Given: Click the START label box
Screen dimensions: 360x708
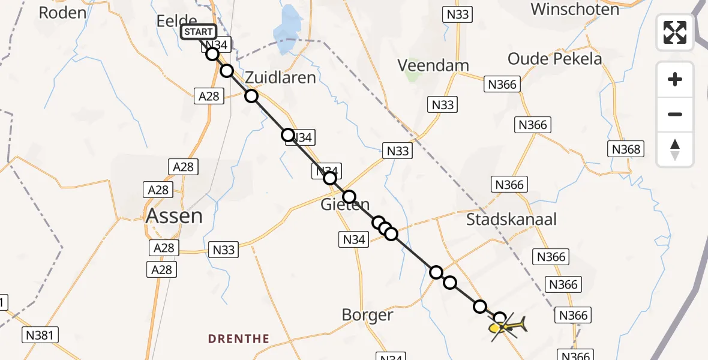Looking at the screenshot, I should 198,32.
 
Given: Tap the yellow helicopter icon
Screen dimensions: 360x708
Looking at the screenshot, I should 508,327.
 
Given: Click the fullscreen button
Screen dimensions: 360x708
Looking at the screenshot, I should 675,32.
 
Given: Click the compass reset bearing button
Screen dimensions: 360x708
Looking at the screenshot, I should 675,149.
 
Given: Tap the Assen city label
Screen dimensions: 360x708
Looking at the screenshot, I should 174,215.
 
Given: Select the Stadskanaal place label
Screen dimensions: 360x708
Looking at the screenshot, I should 511,219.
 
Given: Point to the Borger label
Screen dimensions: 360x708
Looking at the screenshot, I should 367,314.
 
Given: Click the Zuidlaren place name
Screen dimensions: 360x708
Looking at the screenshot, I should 280,77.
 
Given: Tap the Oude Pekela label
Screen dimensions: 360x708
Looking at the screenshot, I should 555,59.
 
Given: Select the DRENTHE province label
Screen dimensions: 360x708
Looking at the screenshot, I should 239,339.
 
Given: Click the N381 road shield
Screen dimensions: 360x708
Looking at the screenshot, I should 41,335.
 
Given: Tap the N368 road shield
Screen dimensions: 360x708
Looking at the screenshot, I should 626,149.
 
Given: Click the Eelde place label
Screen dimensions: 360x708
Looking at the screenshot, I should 176,21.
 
